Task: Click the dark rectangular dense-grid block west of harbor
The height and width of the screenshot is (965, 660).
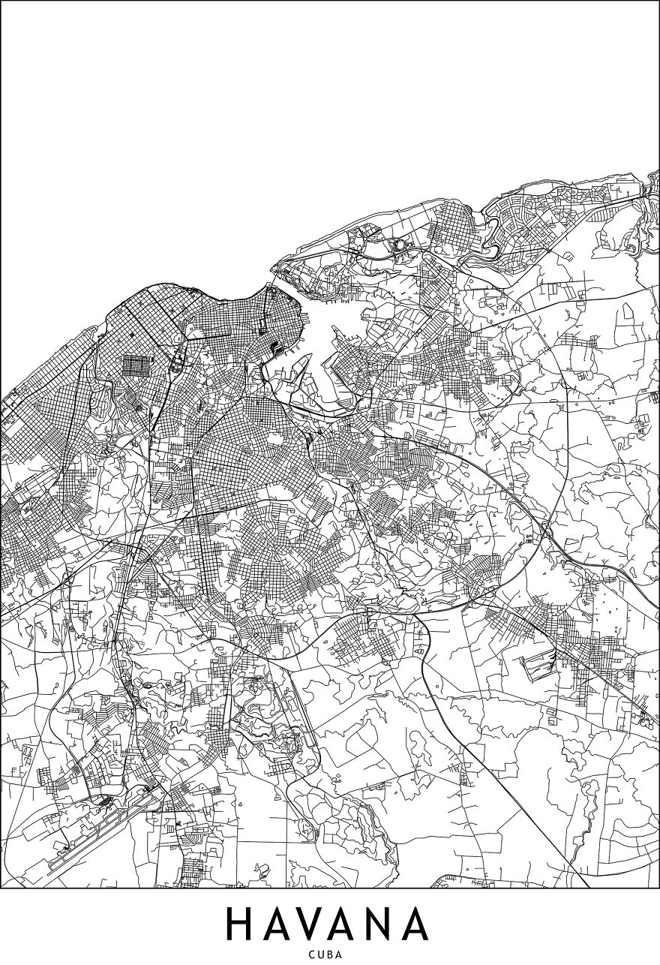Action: coord(137,365)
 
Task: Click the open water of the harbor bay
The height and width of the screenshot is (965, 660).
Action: coord(330,330)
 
